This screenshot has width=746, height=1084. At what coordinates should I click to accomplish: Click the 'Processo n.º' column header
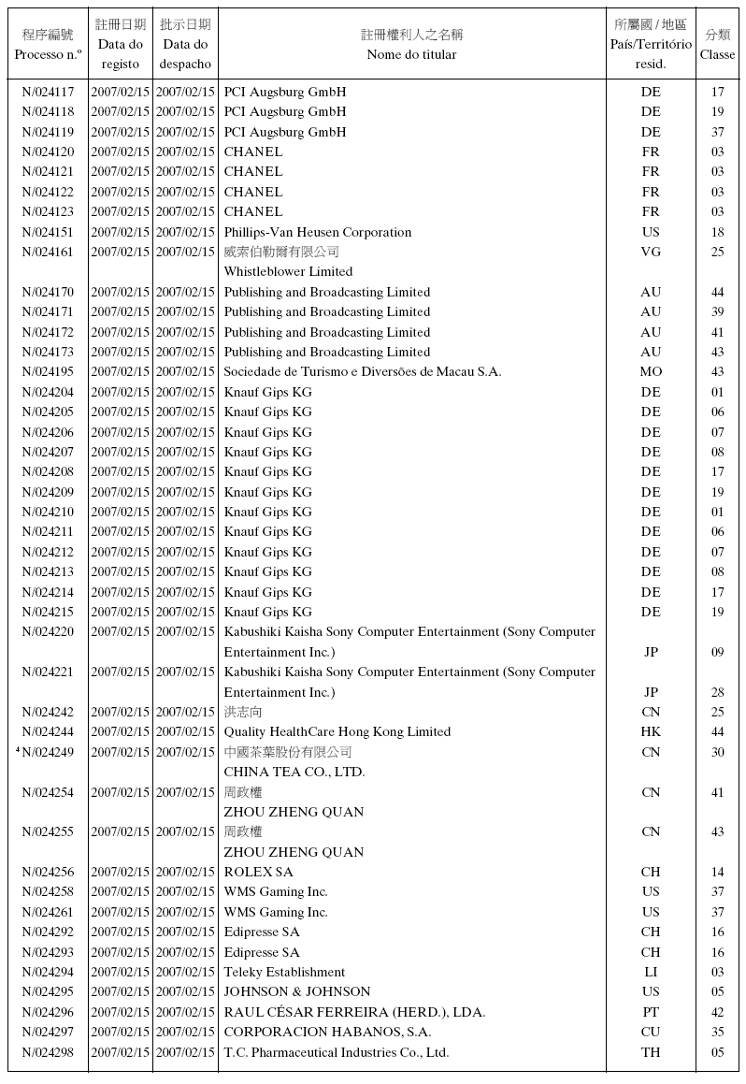pyautogui.click(x=48, y=54)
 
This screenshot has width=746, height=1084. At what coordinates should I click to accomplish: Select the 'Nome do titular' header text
pyautogui.click(x=411, y=54)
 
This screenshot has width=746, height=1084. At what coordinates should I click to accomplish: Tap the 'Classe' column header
pyautogui.click(x=717, y=54)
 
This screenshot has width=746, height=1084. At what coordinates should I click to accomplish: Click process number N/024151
pyautogui.click(x=48, y=232)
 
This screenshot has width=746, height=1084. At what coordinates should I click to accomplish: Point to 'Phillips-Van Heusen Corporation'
pyautogui.click(x=317, y=232)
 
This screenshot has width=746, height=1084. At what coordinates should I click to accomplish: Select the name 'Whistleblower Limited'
pyautogui.click(x=288, y=272)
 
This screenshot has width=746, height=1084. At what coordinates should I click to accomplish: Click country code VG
pyautogui.click(x=651, y=252)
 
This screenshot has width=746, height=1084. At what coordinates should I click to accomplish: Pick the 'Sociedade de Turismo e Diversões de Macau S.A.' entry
pyautogui.click(x=363, y=372)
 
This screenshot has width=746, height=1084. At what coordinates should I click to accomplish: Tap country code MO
pyautogui.click(x=651, y=372)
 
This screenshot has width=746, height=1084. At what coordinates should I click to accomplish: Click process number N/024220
pyautogui.click(x=48, y=632)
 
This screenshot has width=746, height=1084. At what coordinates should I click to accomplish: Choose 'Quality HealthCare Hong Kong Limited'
pyautogui.click(x=337, y=732)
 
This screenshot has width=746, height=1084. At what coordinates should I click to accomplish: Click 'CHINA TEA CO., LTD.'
pyautogui.click(x=294, y=773)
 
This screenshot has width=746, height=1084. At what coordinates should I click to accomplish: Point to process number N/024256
pyautogui.click(x=48, y=873)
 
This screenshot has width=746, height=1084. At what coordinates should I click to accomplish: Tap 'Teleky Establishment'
pyautogui.click(x=284, y=973)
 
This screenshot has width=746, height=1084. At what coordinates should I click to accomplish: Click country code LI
pyautogui.click(x=651, y=973)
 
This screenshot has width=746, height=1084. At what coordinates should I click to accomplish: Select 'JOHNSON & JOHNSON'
pyautogui.click(x=296, y=992)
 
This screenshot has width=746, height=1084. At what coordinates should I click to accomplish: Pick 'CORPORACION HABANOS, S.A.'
pyautogui.click(x=327, y=1033)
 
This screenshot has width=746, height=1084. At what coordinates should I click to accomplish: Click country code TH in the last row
pyautogui.click(x=651, y=1052)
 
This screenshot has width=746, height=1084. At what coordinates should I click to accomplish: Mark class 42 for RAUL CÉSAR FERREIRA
pyautogui.click(x=717, y=1012)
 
